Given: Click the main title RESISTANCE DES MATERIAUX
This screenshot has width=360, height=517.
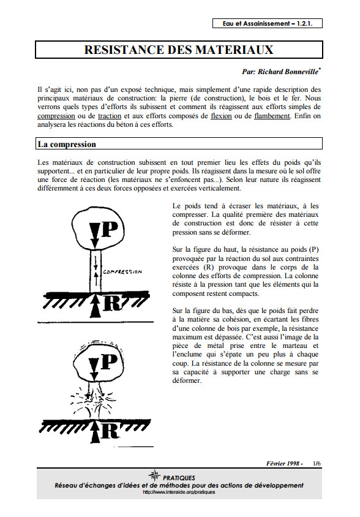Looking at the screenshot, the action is point(179,50).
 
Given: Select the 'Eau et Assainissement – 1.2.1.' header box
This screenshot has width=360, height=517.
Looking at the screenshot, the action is point(268,23).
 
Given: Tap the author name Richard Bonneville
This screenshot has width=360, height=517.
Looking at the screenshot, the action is point(288,72).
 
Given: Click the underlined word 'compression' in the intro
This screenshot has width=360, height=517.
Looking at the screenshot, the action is point(56,116).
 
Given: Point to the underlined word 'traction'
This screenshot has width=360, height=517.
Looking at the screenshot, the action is point(110,116).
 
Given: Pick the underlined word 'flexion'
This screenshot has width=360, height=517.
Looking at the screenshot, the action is point(221,116).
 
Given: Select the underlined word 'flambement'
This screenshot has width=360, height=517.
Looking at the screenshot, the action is point(272,116).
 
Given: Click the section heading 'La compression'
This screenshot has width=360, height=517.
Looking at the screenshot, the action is point(67,144).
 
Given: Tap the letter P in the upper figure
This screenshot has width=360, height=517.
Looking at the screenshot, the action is point(110,229).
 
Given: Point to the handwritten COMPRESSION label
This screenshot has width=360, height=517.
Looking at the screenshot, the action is point(122,272).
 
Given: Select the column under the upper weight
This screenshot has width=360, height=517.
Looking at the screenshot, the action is point(96,271).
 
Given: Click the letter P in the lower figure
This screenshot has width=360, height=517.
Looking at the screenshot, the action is point(110,361).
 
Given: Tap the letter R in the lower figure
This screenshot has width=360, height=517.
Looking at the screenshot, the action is point(110,430).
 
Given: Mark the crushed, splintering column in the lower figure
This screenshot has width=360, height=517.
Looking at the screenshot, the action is point(93,399).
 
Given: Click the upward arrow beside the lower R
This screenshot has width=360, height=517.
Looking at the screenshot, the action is point(95,432).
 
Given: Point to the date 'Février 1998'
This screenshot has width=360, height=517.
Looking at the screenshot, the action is point(282,463).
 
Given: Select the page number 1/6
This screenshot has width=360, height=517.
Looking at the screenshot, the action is point(317,463).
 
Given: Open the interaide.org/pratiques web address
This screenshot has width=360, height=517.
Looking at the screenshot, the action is point(179,492).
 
